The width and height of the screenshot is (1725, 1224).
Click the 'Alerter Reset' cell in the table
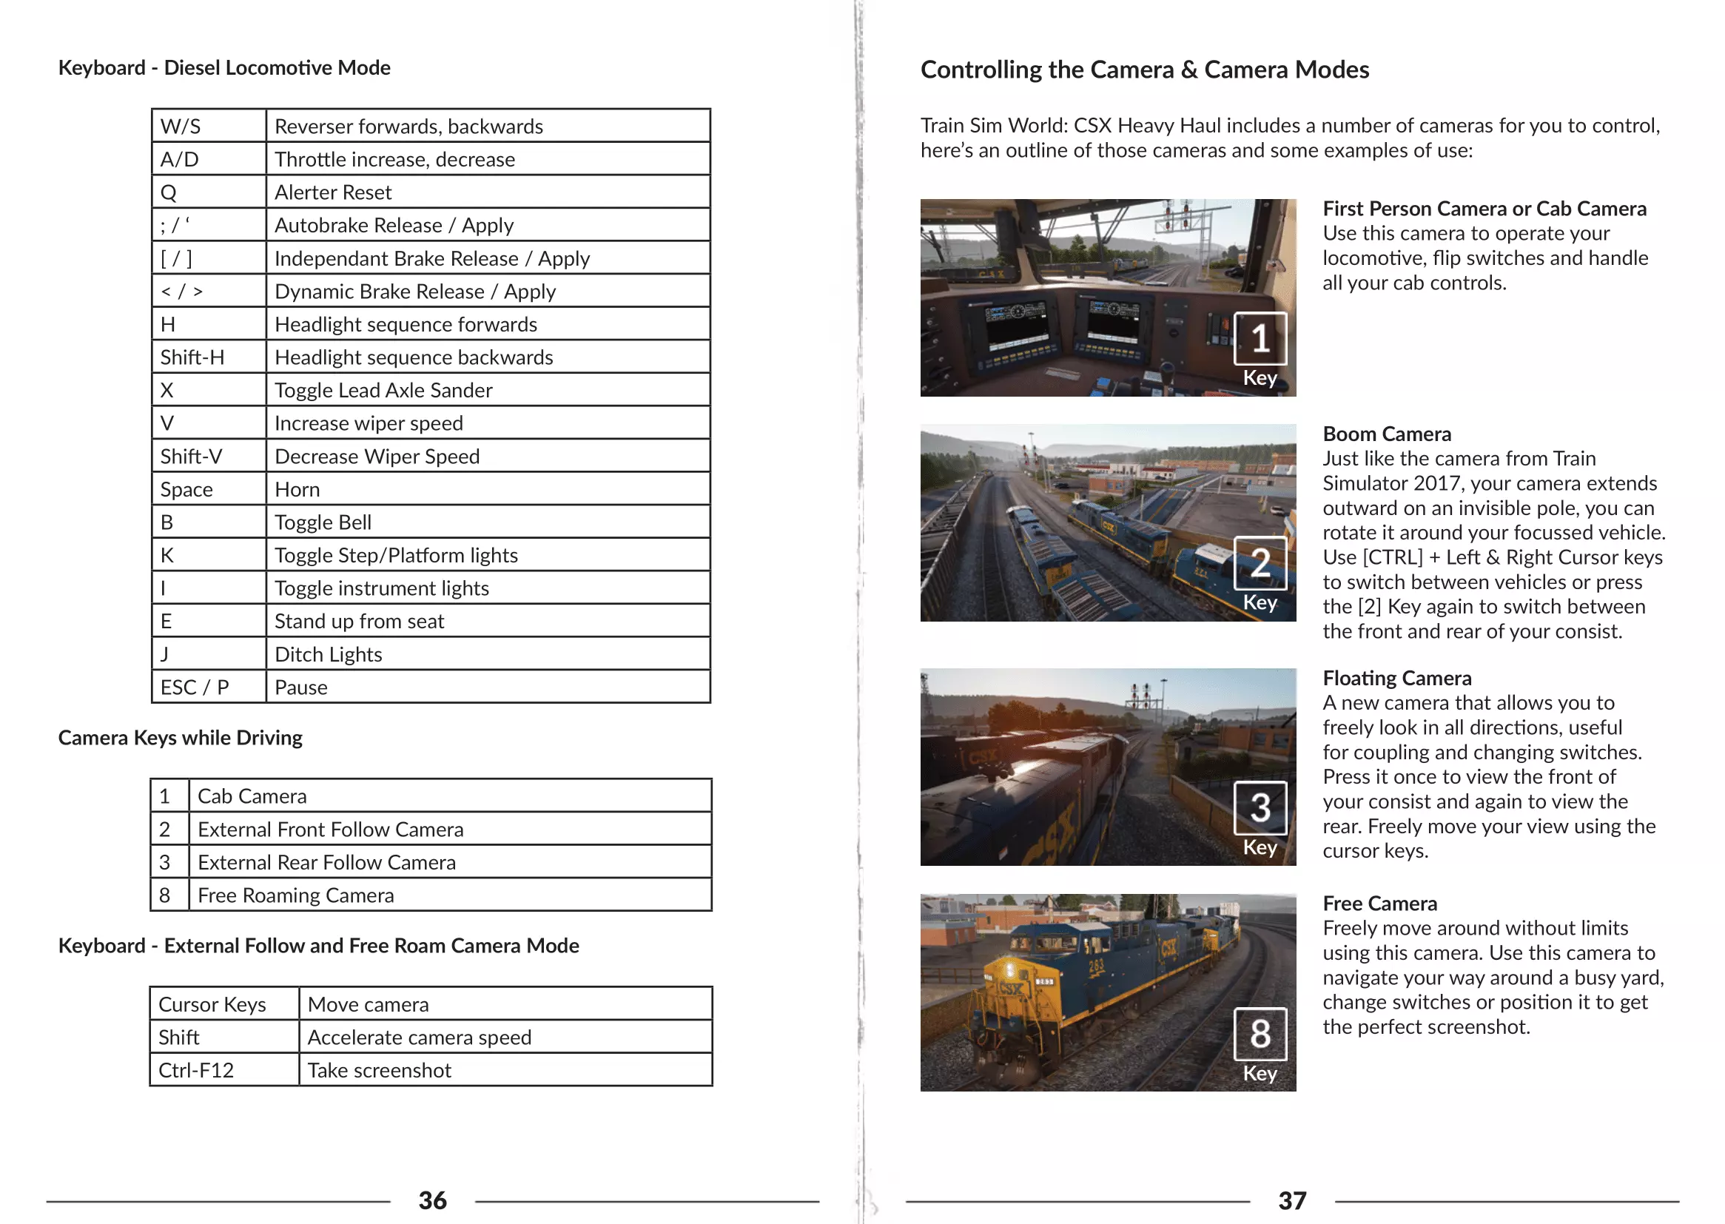[333, 192]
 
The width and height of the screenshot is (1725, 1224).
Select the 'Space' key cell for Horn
[186, 489]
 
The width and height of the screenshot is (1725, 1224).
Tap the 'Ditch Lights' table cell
[329, 654]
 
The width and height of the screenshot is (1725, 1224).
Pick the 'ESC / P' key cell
[195, 687]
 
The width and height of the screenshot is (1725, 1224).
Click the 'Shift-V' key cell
[192, 457]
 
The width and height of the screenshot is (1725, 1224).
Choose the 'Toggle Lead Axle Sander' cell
[383, 391]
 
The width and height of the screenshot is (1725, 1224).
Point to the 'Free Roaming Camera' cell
[295, 895]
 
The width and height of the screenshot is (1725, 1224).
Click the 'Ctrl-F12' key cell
[196, 1070]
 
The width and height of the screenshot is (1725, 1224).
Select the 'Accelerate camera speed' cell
[419, 1038]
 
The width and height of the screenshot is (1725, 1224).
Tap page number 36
[433, 1200]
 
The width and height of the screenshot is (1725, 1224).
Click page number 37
[1291, 1200]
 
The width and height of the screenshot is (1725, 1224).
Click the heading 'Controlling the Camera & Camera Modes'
[1144, 70]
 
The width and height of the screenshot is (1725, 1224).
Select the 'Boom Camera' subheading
[1387, 434]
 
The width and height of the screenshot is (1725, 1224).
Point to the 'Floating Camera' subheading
[1396, 679]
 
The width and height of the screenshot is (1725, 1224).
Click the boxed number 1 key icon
[1260, 338]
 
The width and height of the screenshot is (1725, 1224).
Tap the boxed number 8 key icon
[1260, 1033]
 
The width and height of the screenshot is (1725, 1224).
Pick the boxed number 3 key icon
[1260, 808]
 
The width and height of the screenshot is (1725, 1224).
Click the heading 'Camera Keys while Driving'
[180, 737]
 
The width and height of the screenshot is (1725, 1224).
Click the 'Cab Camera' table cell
[252, 797]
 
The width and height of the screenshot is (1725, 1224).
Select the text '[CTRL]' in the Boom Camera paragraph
[1393, 558]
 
